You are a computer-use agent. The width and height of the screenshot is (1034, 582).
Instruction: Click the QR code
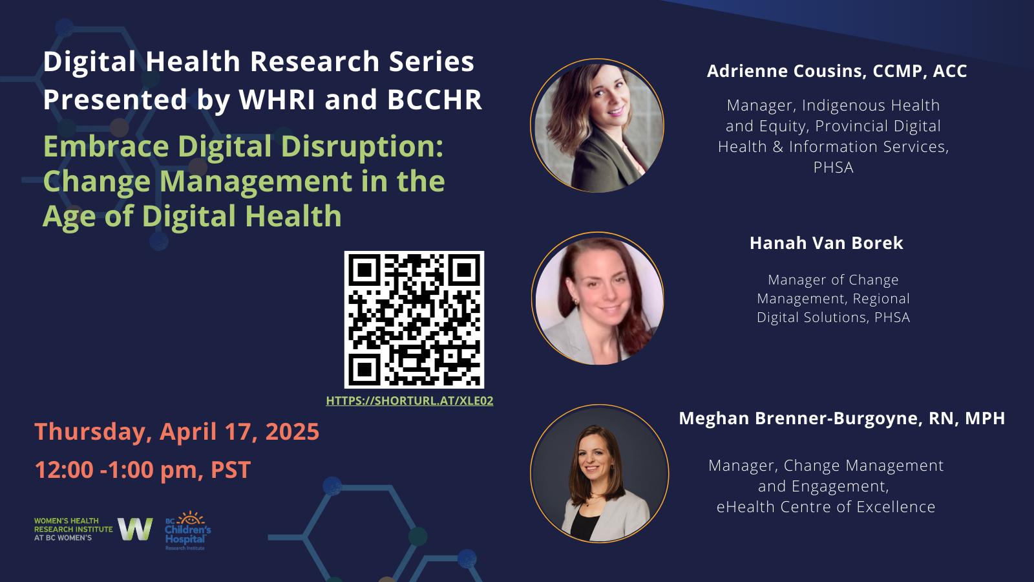tap(414, 319)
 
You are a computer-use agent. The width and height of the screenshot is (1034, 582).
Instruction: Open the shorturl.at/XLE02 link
tap(410, 400)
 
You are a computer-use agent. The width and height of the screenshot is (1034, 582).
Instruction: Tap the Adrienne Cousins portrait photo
tap(597, 125)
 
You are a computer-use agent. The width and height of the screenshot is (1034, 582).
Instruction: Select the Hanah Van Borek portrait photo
tap(598, 298)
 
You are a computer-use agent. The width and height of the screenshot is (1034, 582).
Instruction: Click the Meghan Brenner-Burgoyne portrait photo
tap(599, 473)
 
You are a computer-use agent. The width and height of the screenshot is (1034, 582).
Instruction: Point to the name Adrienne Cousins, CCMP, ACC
tap(837, 70)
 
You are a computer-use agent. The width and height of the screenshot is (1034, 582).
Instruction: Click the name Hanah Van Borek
tap(827, 243)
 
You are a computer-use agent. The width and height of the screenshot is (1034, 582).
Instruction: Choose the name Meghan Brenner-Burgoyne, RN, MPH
tap(841, 418)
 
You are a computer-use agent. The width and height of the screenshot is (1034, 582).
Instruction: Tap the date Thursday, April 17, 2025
tap(177, 432)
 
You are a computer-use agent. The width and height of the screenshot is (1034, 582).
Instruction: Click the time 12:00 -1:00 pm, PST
tap(143, 469)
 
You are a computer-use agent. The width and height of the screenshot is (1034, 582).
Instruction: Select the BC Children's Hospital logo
tap(188, 530)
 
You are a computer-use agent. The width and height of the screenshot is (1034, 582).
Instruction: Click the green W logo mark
tap(135, 529)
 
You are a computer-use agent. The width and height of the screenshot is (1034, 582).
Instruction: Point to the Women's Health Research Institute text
tap(74, 529)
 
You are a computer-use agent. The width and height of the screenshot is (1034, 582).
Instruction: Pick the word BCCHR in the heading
tap(434, 100)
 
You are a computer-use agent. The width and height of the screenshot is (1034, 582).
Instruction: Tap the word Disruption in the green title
tap(363, 146)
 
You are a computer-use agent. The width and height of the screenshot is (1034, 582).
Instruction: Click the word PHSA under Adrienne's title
tap(833, 167)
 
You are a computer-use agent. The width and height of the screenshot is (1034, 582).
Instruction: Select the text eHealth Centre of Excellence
tap(826, 507)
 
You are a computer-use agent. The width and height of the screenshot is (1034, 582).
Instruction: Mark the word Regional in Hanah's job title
tap(881, 298)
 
